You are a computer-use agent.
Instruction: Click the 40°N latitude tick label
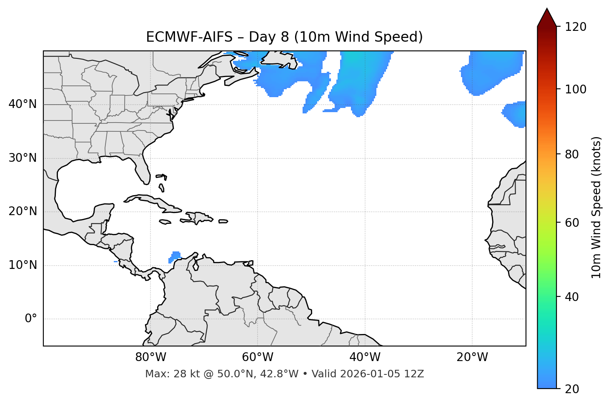tap(23, 104)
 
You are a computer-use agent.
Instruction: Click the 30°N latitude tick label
tap(23, 158)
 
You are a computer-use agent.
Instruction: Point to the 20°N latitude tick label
tap(23, 211)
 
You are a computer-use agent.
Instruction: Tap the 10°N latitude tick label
tap(23, 265)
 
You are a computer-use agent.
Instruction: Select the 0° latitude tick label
tap(31, 319)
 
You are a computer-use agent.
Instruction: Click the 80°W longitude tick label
tap(150, 357)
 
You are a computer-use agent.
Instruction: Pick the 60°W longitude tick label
tap(258, 357)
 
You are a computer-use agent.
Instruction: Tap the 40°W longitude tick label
tap(365, 357)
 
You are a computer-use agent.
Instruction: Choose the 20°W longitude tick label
tap(472, 357)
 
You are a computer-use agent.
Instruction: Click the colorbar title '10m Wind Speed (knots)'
tap(596, 207)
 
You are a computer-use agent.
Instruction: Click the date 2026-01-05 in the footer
tap(371, 374)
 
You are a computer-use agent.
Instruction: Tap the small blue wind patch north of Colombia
tap(175, 256)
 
